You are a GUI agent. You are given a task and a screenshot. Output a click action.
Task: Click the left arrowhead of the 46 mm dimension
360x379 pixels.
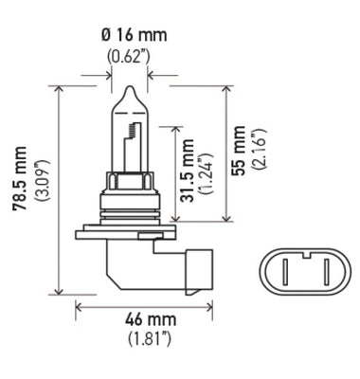[x=80, y=306]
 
